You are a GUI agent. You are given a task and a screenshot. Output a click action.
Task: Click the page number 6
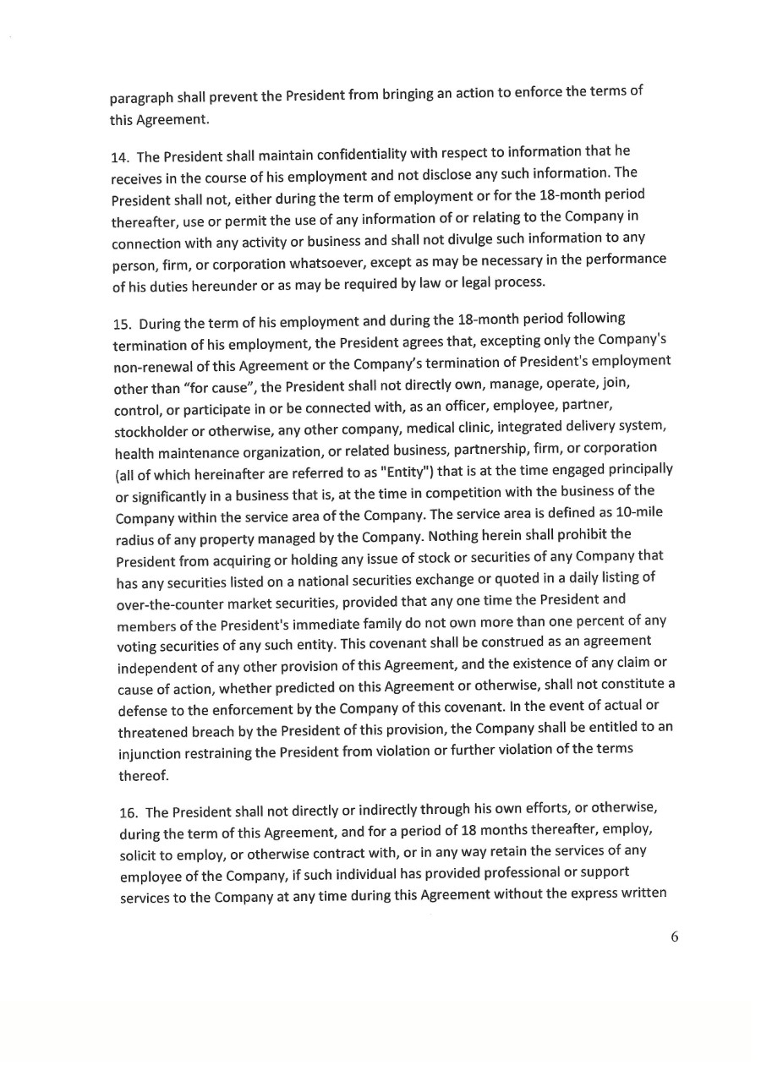pyautogui.click(x=675, y=937)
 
